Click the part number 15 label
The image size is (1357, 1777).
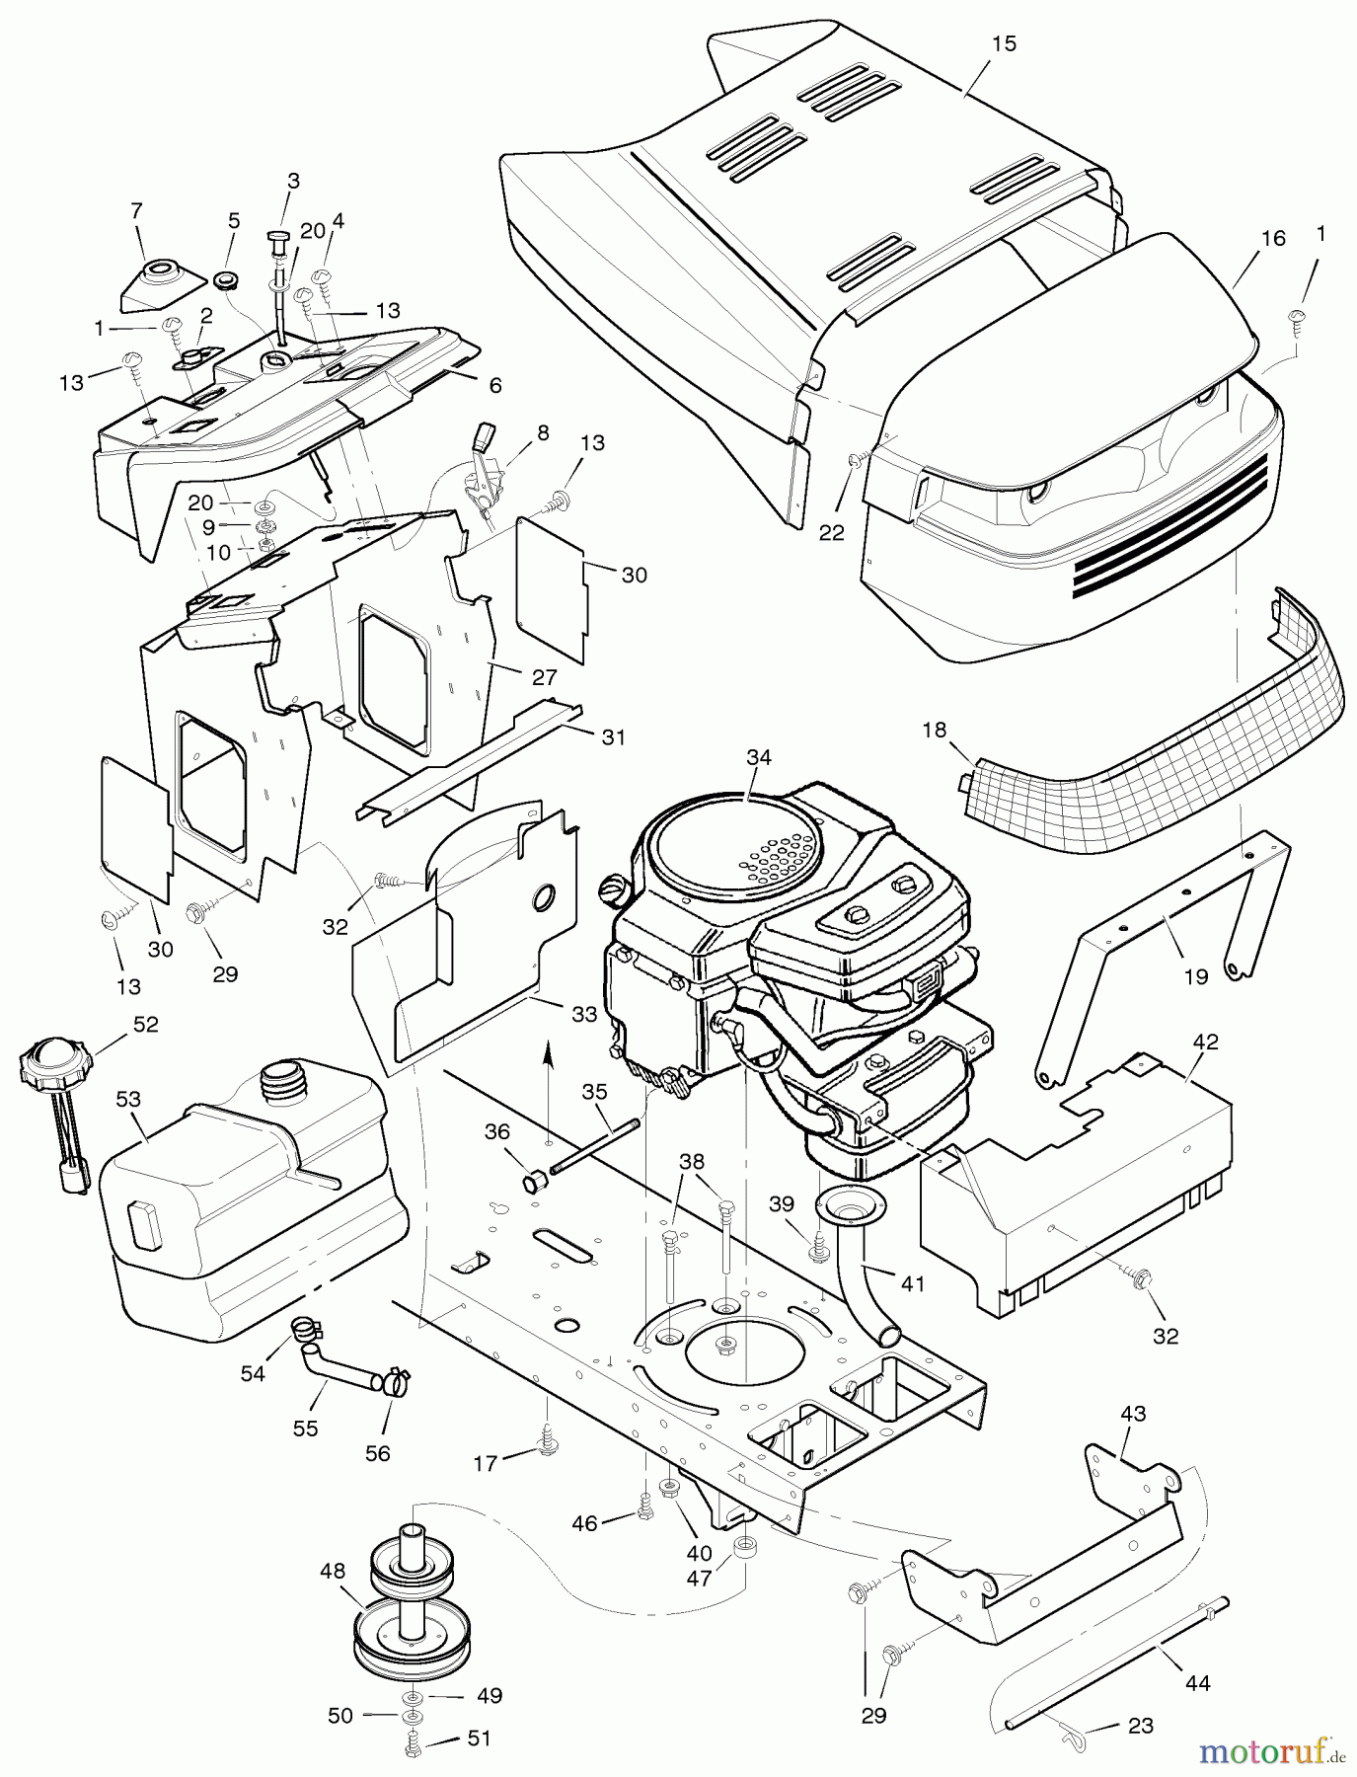point(1004,44)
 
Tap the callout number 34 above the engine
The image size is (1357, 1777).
point(759,757)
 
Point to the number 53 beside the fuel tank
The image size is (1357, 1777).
point(128,1099)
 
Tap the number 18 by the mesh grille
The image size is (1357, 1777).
point(934,731)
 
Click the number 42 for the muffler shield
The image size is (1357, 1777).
point(1205,1042)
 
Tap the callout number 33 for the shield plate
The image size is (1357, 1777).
point(585,1013)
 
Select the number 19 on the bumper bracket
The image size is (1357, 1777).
point(1195,976)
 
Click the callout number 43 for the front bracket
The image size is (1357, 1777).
point(1132,1414)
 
